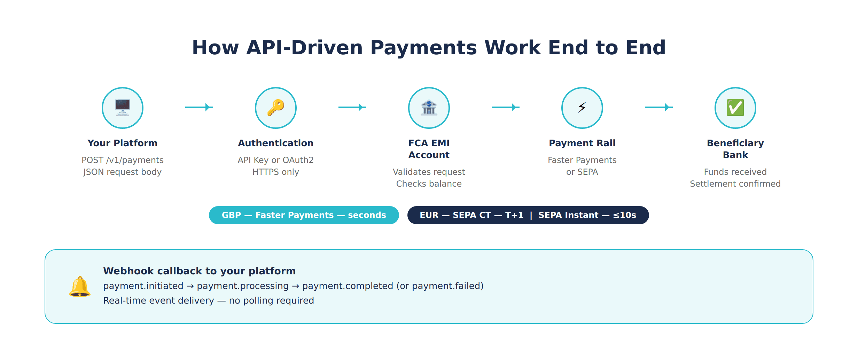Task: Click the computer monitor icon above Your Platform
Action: click(123, 108)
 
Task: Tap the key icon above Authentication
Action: click(276, 108)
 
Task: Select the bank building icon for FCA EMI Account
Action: click(429, 108)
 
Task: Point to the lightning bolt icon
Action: click(582, 107)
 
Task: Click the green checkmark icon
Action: click(735, 108)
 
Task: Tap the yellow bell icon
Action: click(80, 287)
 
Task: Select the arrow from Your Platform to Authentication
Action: click(199, 107)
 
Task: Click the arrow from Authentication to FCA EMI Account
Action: click(352, 107)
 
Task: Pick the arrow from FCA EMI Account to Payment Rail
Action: click(506, 107)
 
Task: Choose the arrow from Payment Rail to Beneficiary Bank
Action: click(659, 107)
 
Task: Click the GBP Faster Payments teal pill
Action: click(304, 215)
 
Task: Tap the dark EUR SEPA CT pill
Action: click(528, 215)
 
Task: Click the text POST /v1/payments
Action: click(123, 160)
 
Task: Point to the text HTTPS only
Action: click(276, 172)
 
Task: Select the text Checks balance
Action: click(429, 184)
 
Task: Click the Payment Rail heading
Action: click(582, 143)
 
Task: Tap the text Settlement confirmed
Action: click(735, 184)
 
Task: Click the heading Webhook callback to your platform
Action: click(199, 271)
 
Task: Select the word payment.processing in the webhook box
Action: click(243, 286)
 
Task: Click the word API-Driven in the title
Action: click(304, 48)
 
